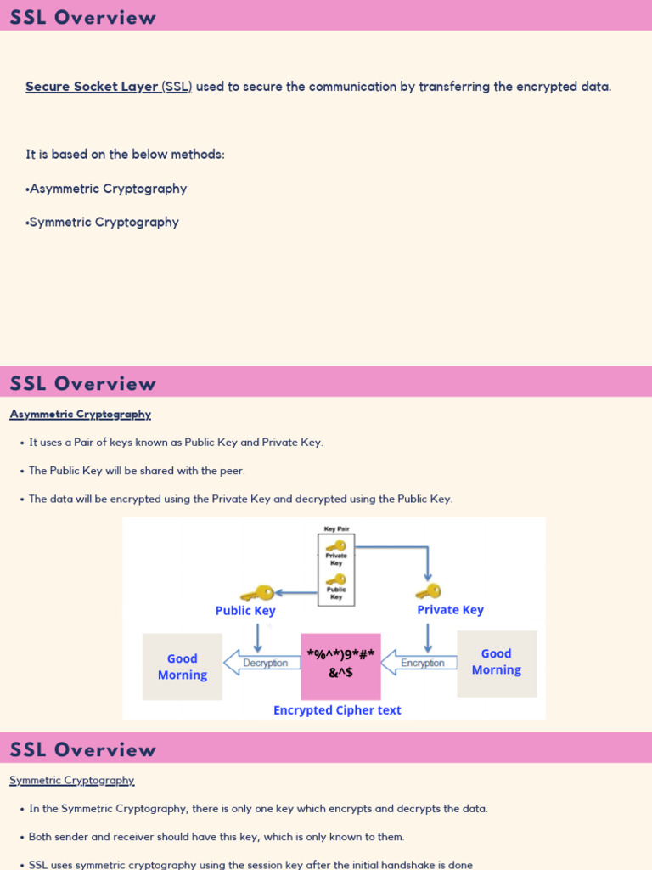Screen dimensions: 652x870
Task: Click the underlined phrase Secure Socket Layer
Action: [x=92, y=87]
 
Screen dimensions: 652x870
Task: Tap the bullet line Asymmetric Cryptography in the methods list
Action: [x=106, y=189]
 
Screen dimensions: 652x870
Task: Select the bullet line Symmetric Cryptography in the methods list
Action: [x=102, y=222]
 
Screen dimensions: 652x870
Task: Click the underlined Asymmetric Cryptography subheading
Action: [x=81, y=415]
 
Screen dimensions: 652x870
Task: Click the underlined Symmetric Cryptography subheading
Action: [x=72, y=781]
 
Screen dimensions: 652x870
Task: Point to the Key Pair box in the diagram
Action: [x=336, y=570]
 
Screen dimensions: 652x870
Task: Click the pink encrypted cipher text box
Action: [x=341, y=666]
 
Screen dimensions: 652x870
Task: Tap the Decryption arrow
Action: [x=261, y=663]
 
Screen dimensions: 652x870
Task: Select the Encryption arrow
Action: [x=419, y=663]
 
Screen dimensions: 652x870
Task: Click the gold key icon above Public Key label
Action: [x=257, y=594]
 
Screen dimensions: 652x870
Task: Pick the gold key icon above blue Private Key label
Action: [x=429, y=591]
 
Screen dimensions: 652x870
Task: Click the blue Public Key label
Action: [x=245, y=611]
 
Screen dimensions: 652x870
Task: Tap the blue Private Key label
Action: [x=450, y=610]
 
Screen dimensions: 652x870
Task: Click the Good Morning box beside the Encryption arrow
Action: [x=497, y=664]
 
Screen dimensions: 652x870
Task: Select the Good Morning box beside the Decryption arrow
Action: [x=183, y=667]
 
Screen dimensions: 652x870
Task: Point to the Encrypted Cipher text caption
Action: [x=337, y=710]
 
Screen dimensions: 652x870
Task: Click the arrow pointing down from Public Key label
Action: [x=258, y=637]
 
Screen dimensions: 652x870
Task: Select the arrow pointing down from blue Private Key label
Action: [x=428, y=637]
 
